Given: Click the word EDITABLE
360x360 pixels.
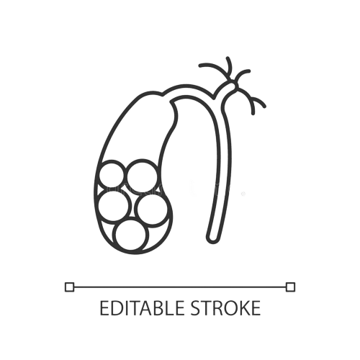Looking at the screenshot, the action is pyautogui.click(x=142, y=308).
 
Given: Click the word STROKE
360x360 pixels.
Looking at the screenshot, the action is pyautogui.click(x=225, y=308).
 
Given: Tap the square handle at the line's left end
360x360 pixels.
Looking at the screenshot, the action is pyautogui.click(x=70, y=287).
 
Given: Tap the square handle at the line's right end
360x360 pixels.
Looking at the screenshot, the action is pyautogui.click(x=290, y=287).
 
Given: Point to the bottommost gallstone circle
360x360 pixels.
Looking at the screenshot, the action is pyautogui.click(x=130, y=235).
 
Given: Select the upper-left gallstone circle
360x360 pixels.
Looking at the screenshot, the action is pyautogui.click(x=111, y=175).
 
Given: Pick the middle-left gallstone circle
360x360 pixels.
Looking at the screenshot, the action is pyautogui.click(x=114, y=204).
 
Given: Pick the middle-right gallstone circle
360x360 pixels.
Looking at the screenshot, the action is pyautogui.click(x=153, y=210).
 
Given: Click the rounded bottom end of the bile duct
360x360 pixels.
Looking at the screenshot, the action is pyautogui.click(x=212, y=239).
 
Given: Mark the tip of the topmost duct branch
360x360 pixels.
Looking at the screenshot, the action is pyautogui.click(x=228, y=58).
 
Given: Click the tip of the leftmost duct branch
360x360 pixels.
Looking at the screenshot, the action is pyautogui.click(x=200, y=66).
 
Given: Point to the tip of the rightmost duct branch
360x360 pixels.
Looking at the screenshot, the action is pyautogui.click(x=264, y=106).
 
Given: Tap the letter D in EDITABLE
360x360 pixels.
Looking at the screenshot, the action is pyautogui.click(x=114, y=308).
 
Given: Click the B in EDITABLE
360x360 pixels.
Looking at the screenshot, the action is pyautogui.click(x=157, y=308).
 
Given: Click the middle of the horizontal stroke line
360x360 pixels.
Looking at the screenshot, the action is pyautogui.click(x=180, y=287).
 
